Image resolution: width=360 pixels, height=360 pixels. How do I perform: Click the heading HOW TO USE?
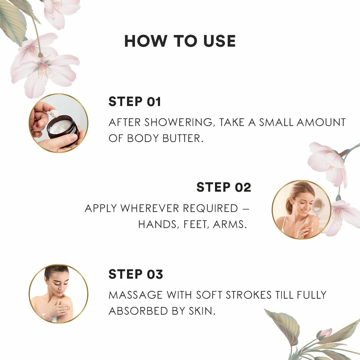tap(180, 41)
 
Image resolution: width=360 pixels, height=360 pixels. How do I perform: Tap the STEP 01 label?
tap(135, 101)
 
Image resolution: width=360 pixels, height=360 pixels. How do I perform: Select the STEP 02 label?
tap(224, 187)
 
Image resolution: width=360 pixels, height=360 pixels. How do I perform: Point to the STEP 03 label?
tap(136, 274)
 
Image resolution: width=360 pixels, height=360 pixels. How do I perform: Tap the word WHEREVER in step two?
tap(150, 208)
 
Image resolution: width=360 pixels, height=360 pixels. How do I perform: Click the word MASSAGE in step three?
tap(135, 295)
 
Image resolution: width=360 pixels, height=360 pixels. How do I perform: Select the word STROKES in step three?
tap(249, 295)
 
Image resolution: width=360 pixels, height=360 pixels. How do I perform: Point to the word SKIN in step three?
tap(202, 311)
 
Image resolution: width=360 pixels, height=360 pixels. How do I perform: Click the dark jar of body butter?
tap(63, 128)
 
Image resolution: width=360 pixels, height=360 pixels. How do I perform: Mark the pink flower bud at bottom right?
tap(324, 334)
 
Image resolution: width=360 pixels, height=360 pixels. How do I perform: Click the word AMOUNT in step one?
tap(321, 122)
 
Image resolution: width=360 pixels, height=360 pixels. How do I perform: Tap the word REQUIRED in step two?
tap(210, 208)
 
